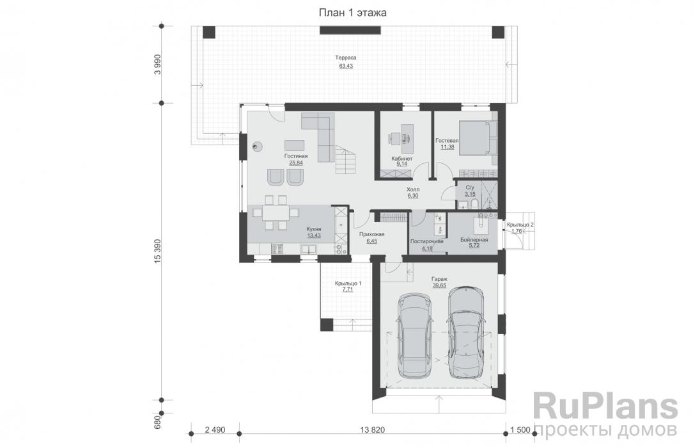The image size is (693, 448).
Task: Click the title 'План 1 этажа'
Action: (x=353, y=12)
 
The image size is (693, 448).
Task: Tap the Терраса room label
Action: (x=346, y=58)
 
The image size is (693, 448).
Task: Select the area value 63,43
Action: (x=346, y=66)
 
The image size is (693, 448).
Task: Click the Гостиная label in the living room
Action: (x=295, y=156)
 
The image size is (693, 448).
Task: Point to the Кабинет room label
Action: (x=401, y=158)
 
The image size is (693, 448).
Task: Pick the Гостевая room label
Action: (x=447, y=140)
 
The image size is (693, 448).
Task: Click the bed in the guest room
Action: (x=478, y=138)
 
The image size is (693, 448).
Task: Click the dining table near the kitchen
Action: (x=276, y=212)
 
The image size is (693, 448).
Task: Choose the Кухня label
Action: (x=314, y=229)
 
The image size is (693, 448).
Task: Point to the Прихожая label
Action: (x=371, y=234)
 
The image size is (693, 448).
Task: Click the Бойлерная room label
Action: (x=474, y=240)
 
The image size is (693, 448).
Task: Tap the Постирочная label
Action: (x=427, y=241)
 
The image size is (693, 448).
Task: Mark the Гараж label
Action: (x=439, y=279)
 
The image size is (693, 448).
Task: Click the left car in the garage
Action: (x=414, y=335)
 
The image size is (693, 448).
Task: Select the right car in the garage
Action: (x=466, y=332)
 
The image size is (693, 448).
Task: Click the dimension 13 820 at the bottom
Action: (x=373, y=430)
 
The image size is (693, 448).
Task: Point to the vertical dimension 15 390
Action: (x=158, y=252)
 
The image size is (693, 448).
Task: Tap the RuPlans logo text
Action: (x=605, y=407)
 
